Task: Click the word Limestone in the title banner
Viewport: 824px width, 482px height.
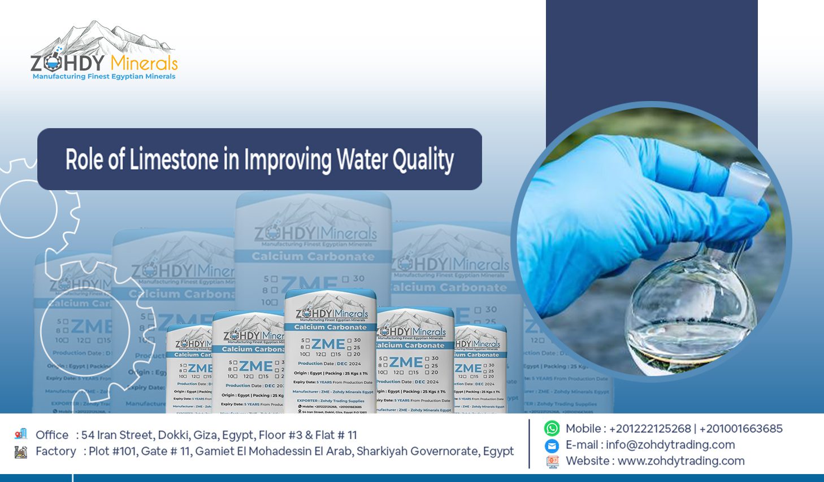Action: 174,160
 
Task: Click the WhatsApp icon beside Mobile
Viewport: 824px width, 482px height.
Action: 552,428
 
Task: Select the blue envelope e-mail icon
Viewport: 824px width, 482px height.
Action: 552,445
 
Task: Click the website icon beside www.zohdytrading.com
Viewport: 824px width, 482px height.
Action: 552,461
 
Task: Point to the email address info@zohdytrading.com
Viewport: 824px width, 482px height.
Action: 670,445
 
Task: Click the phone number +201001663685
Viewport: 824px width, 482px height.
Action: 741,428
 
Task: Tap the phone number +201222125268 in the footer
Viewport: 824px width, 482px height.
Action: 650,428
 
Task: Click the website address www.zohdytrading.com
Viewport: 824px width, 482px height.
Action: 681,461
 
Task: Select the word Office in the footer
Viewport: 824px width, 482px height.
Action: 52,435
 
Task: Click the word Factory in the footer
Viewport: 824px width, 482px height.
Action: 55,452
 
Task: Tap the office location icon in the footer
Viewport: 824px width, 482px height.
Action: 21,434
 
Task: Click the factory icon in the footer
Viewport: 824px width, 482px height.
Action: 21,452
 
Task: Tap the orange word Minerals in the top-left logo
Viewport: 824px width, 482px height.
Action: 144,63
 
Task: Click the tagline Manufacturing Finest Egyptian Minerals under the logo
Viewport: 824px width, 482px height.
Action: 104,77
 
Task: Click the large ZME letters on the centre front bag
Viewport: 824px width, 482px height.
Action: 328,344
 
